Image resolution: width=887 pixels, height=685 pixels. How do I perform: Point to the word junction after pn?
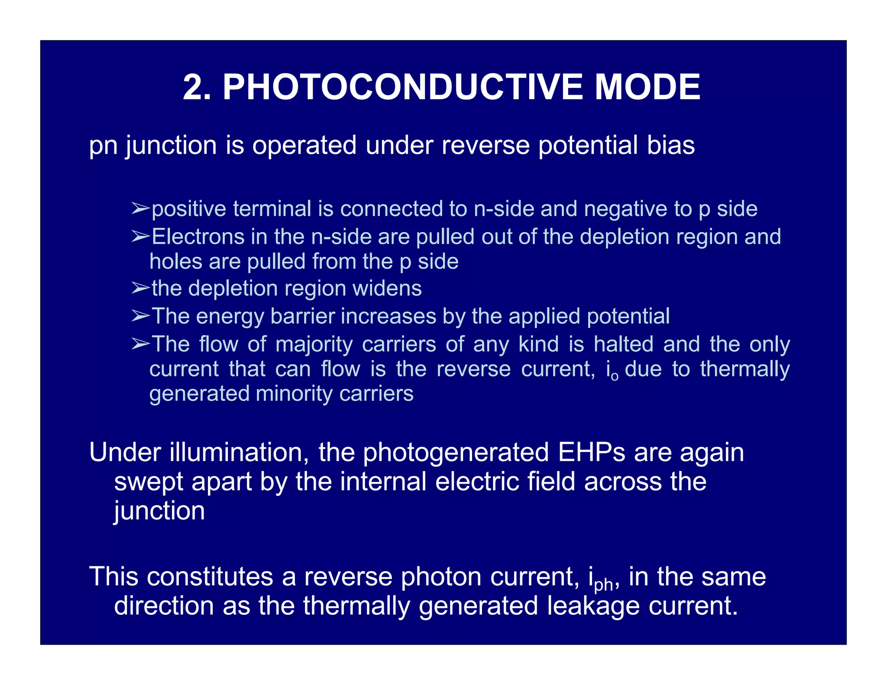click(x=171, y=145)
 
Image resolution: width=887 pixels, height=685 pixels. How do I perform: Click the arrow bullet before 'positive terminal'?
click(x=140, y=209)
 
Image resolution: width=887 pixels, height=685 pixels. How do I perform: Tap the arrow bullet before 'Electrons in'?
click(x=140, y=236)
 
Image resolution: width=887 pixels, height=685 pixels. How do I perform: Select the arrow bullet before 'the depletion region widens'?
click(x=140, y=288)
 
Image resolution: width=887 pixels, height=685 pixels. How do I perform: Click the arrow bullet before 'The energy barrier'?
click(x=140, y=316)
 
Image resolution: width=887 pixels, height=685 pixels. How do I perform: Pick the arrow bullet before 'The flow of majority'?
click(x=140, y=344)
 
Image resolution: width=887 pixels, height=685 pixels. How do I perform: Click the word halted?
click(x=623, y=345)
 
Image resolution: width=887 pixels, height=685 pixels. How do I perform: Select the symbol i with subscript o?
click(x=612, y=371)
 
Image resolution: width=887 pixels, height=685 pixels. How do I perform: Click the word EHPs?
click(x=592, y=452)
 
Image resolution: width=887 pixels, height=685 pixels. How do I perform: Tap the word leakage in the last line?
click(x=593, y=606)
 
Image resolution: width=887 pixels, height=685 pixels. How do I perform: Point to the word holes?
click(x=175, y=262)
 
